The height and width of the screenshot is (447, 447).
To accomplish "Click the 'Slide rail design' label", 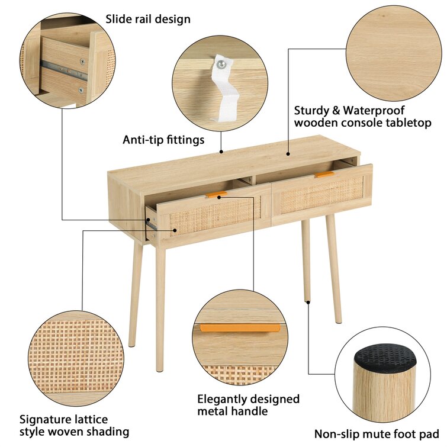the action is pyautogui.click(x=148, y=20).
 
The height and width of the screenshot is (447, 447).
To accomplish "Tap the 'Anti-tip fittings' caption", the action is pyautogui.click(x=163, y=140).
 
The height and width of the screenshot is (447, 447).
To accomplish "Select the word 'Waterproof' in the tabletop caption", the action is pyautogui.click(x=374, y=111).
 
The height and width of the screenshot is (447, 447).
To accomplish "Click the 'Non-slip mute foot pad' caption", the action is pyautogui.click(x=377, y=434).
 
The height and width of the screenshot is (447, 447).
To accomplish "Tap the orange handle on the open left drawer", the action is pyautogui.click(x=216, y=195).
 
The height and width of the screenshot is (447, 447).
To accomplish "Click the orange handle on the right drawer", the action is pyautogui.click(x=324, y=174).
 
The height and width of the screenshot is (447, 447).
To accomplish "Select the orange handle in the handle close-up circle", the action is pyautogui.click(x=240, y=328).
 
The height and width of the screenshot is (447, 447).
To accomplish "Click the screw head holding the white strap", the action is pyautogui.click(x=221, y=65).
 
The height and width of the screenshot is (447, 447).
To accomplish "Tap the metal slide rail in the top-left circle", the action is pyautogui.click(x=63, y=70).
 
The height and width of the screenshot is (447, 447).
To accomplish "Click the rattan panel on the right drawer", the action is pyautogui.click(x=322, y=195).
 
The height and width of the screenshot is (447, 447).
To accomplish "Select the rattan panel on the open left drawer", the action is pyautogui.click(x=215, y=216).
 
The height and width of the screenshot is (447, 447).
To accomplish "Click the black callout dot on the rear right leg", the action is pyautogui.click(x=308, y=302).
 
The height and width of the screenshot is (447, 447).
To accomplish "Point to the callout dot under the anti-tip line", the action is pyautogui.click(x=221, y=152).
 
